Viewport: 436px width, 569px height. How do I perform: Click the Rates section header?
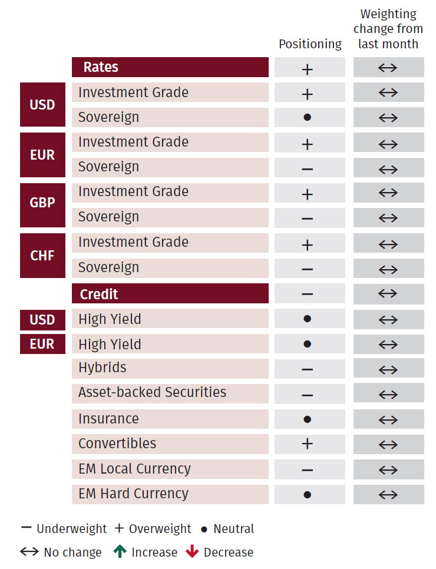(x=101, y=67)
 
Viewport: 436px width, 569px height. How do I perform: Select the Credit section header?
(x=99, y=294)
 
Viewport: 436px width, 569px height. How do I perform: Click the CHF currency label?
(x=42, y=255)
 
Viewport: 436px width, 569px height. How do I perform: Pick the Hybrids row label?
(x=103, y=368)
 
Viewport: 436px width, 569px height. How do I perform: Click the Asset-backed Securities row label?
(x=152, y=393)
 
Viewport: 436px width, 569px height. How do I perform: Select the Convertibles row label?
(x=117, y=444)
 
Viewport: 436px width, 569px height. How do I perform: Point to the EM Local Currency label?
(x=134, y=469)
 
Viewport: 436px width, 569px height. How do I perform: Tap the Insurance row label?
(x=108, y=419)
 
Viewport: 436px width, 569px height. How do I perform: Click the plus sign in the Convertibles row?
(x=307, y=444)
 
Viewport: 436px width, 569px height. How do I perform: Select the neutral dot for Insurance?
(x=307, y=419)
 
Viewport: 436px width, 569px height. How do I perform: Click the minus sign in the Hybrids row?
(x=307, y=370)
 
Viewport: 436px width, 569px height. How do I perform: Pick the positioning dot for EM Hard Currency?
(x=307, y=495)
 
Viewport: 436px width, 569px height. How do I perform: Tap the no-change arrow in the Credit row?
(x=388, y=293)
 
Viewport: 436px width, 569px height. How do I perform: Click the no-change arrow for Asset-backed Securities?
(x=388, y=395)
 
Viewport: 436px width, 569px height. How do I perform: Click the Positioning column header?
(x=310, y=44)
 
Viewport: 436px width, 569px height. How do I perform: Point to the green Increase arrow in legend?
(x=120, y=552)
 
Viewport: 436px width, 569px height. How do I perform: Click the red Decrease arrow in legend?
(x=192, y=552)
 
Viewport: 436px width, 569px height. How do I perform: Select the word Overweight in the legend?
(x=160, y=529)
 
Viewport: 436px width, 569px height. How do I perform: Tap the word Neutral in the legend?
(x=233, y=529)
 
